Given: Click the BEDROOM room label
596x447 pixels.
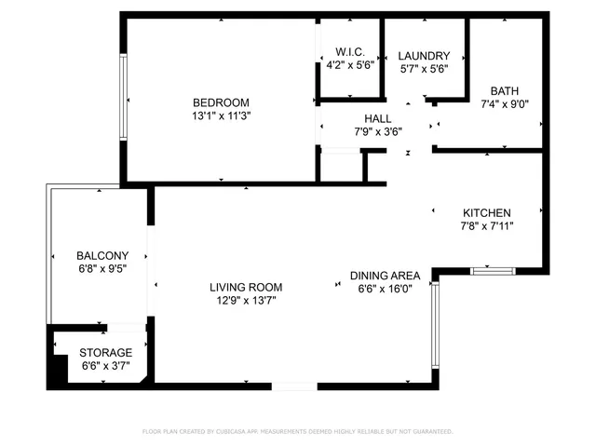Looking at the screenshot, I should click(221, 102).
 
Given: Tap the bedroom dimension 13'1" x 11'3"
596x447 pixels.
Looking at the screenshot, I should click(221, 116).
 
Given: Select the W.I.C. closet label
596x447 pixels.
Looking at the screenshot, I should click(350, 52).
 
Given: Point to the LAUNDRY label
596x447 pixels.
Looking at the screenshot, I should click(424, 56).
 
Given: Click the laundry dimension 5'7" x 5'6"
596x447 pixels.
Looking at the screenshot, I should click(424, 69).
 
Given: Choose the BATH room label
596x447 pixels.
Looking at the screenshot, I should click(506, 91).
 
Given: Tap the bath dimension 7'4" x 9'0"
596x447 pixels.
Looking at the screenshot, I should click(506, 104).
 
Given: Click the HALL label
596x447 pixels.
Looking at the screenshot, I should click(378, 118).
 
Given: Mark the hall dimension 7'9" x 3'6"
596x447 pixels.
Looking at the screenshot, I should click(378, 131).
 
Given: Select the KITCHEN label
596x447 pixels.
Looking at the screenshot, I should click(486, 212).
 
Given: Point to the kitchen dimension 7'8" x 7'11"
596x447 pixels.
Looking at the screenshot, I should click(486, 225).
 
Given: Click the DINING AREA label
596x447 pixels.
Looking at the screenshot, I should click(385, 276).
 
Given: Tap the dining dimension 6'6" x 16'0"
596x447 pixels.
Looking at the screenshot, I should click(385, 289).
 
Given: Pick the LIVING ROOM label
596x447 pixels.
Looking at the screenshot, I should click(245, 288).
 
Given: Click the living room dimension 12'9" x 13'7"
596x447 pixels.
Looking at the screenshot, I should click(245, 301).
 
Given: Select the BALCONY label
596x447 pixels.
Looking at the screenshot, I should click(102, 255).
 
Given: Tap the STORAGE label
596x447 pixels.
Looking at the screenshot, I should click(105, 353).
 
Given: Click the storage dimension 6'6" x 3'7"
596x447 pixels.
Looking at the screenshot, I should click(105, 366).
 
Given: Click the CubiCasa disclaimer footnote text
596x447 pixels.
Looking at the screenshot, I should click(297, 432).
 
